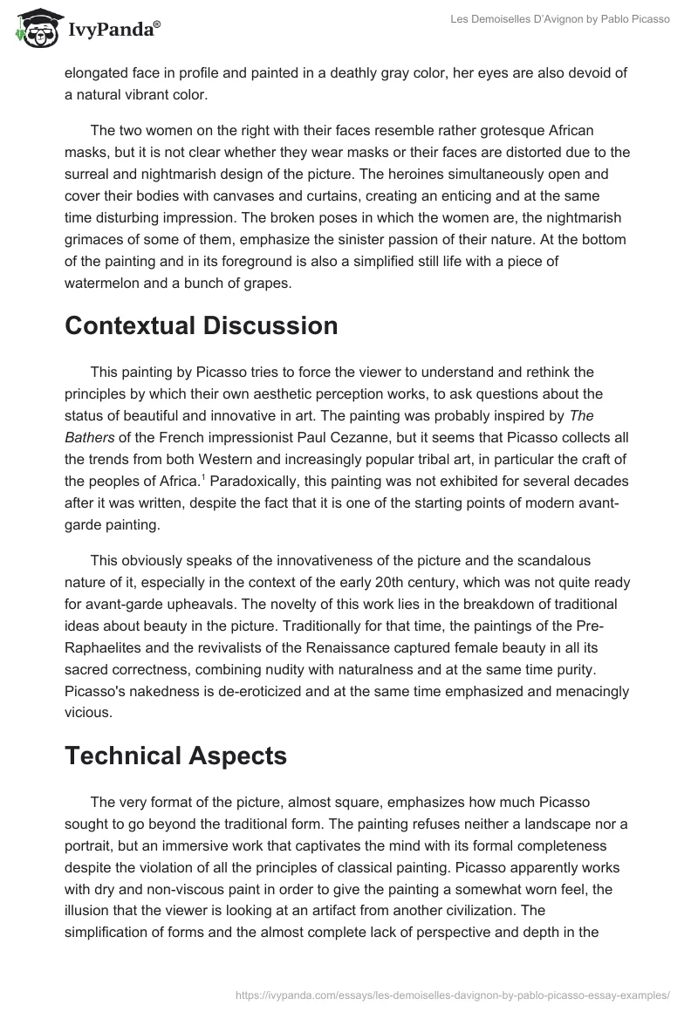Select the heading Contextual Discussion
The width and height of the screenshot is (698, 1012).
201,325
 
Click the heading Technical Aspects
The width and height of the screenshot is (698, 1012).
175,756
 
